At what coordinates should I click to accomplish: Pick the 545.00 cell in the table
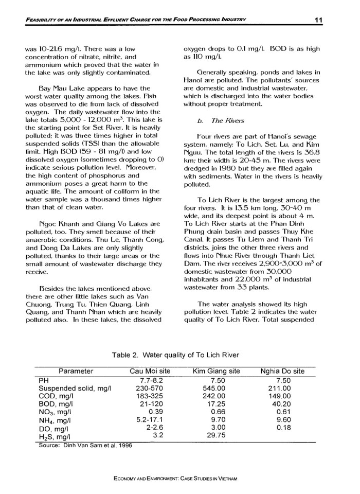click(215, 388)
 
